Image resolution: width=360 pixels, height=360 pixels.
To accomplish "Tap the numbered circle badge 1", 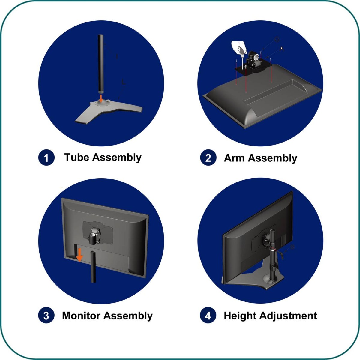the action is click(46, 157).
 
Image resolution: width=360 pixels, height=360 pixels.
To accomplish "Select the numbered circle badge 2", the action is click(208, 157).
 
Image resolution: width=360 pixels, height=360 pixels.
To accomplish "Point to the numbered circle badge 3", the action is click(46, 315).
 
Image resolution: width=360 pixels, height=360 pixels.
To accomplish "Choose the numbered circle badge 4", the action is click(208, 315).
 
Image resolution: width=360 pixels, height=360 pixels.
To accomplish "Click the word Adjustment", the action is click(288, 316).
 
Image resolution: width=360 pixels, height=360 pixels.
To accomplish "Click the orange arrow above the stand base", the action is click(101, 98).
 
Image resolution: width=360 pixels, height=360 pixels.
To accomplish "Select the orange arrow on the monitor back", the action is click(80, 255).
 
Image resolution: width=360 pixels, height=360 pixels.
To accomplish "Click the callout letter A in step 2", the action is click(282, 49).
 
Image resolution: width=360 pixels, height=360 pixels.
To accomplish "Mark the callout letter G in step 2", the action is click(277, 39).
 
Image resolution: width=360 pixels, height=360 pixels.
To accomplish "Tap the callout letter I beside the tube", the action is click(117, 56).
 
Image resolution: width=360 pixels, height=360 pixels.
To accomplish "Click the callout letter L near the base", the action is click(124, 82).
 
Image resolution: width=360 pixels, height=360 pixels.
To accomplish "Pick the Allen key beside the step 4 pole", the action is click(280, 254).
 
